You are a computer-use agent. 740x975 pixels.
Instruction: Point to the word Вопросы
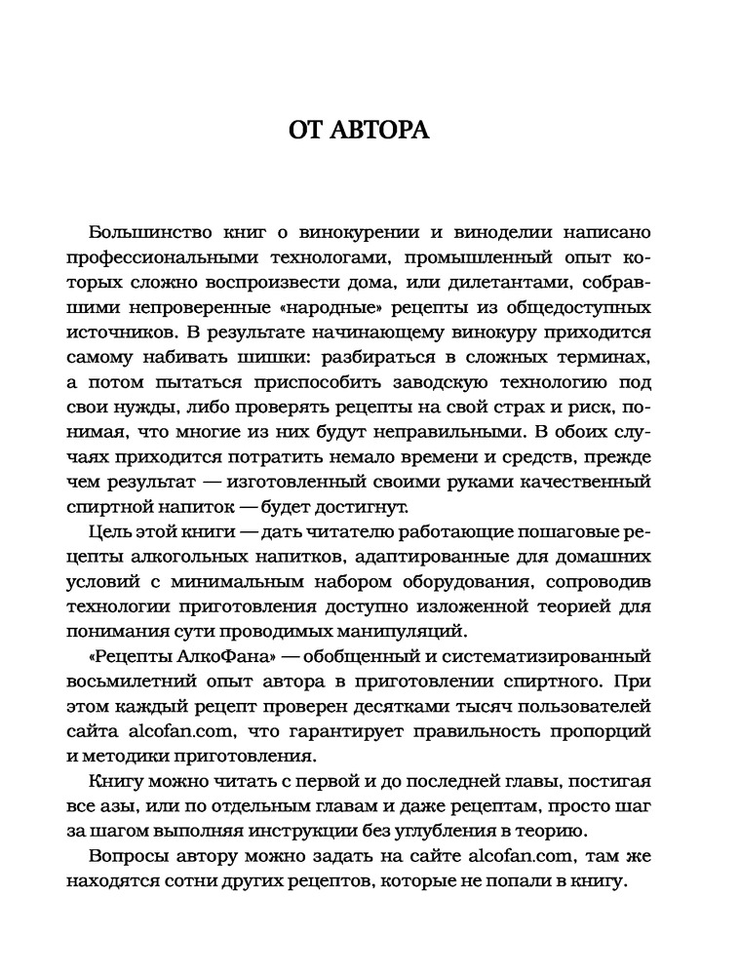126,855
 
